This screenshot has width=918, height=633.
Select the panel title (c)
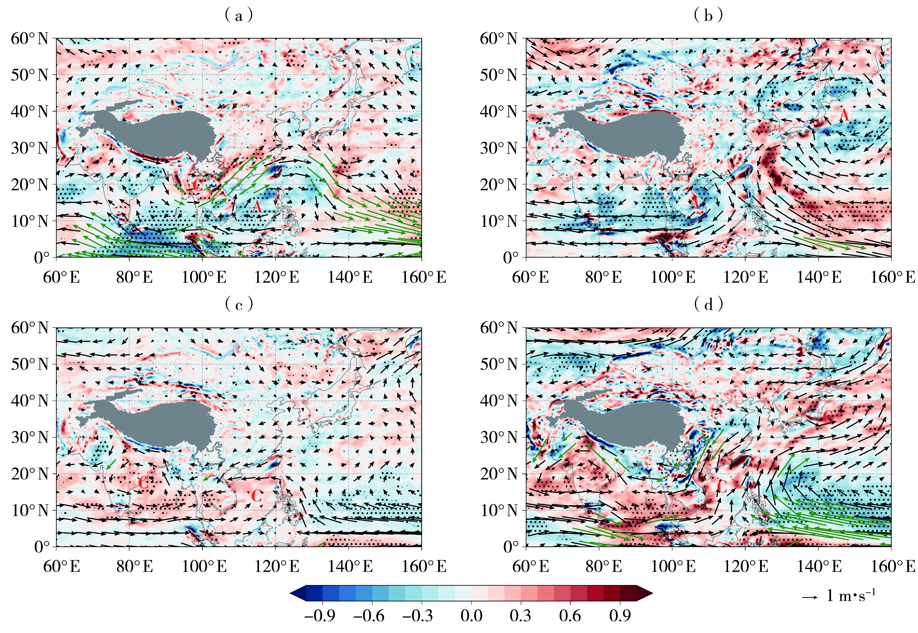point(238,305)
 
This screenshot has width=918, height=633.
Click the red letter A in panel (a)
point(257,207)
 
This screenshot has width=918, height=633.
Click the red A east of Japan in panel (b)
point(844,115)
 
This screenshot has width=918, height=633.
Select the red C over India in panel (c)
point(143,483)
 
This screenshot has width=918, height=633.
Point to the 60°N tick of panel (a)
point(29,39)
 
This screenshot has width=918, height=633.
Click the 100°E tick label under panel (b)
point(673,277)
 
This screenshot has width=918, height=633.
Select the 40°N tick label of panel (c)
point(29,401)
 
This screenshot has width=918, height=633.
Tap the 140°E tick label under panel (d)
point(819,566)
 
